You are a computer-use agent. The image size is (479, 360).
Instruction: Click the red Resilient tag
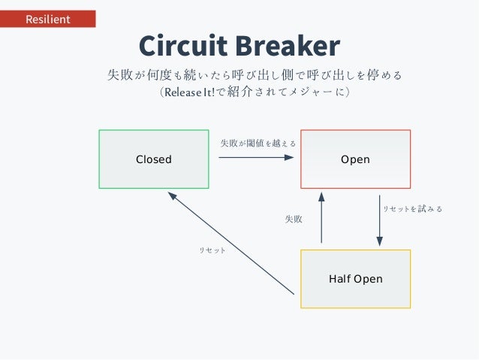48,19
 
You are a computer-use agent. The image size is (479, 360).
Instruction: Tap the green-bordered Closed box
154,159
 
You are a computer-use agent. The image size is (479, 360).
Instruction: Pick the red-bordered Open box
355,159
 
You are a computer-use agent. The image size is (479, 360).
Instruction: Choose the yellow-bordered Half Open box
355,279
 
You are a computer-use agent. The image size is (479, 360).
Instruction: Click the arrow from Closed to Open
255,158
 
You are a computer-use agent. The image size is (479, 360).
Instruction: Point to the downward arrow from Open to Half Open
380,220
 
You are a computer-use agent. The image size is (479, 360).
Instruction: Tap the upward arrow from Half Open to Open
321,217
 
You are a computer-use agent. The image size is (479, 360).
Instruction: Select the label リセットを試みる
412,209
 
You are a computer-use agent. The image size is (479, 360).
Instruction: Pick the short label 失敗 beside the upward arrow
294,219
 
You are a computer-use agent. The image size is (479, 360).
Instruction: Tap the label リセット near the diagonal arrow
212,249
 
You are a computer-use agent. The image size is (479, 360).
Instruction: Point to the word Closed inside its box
154,159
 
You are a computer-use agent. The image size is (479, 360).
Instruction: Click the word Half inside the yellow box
341,279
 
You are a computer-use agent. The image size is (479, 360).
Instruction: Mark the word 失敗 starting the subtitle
119,75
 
